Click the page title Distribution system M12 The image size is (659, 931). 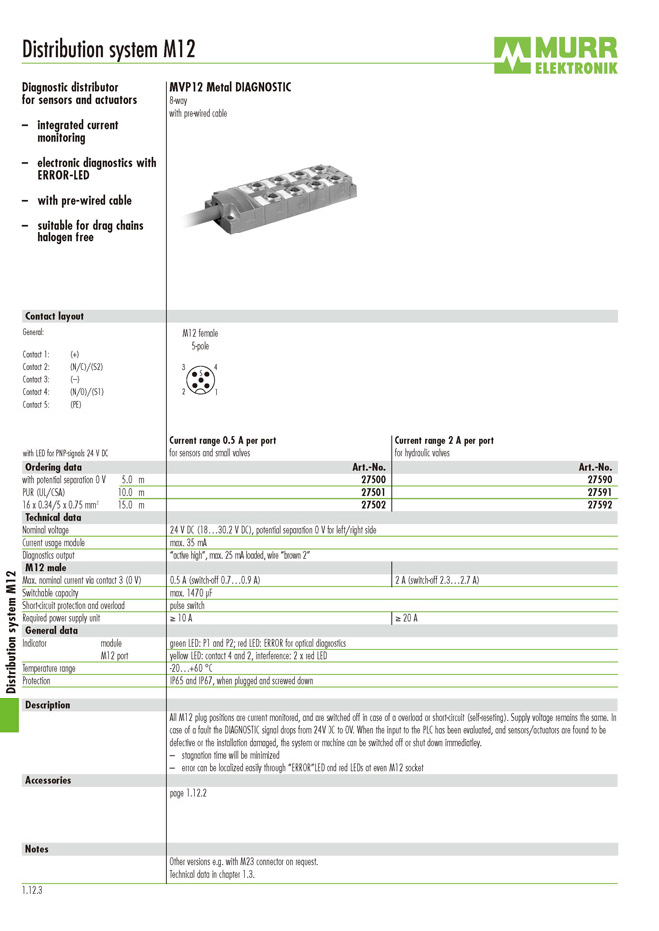[x=108, y=50]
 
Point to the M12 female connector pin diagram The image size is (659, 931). [x=200, y=379]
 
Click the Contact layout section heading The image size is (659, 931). [x=54, y=316]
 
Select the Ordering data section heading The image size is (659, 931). [x=53, y=467]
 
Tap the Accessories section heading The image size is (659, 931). [x=48, y=780]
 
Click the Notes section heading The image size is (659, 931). [x=36, y=849]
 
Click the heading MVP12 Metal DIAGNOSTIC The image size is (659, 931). [x=230, y=87]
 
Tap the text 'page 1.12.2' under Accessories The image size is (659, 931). [x=189, y=794]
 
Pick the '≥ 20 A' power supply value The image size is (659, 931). [x=406, y=618]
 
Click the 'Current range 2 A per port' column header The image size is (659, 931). [x=443, y=440]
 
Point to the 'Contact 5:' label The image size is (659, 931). [x=36, y=404]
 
